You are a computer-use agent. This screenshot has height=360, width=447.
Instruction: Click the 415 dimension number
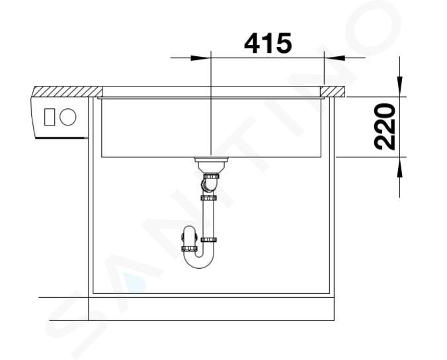coord(268,44)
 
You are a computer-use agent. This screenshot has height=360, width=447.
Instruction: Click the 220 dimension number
coord(384,127)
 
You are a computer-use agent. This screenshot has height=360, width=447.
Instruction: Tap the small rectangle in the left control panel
coord(50,117)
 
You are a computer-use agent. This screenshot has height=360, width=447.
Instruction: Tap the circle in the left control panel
coord(68,117)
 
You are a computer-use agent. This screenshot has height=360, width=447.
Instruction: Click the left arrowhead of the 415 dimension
coord(200,58)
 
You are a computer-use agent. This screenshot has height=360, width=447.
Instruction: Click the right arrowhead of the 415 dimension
coord(335,58)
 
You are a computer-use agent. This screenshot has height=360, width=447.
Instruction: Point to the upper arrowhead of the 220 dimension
coord(399,87)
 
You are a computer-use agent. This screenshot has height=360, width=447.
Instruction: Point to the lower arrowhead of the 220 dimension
coord(399,168)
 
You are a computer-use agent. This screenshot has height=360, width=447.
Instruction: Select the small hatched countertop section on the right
coord(333,91)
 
